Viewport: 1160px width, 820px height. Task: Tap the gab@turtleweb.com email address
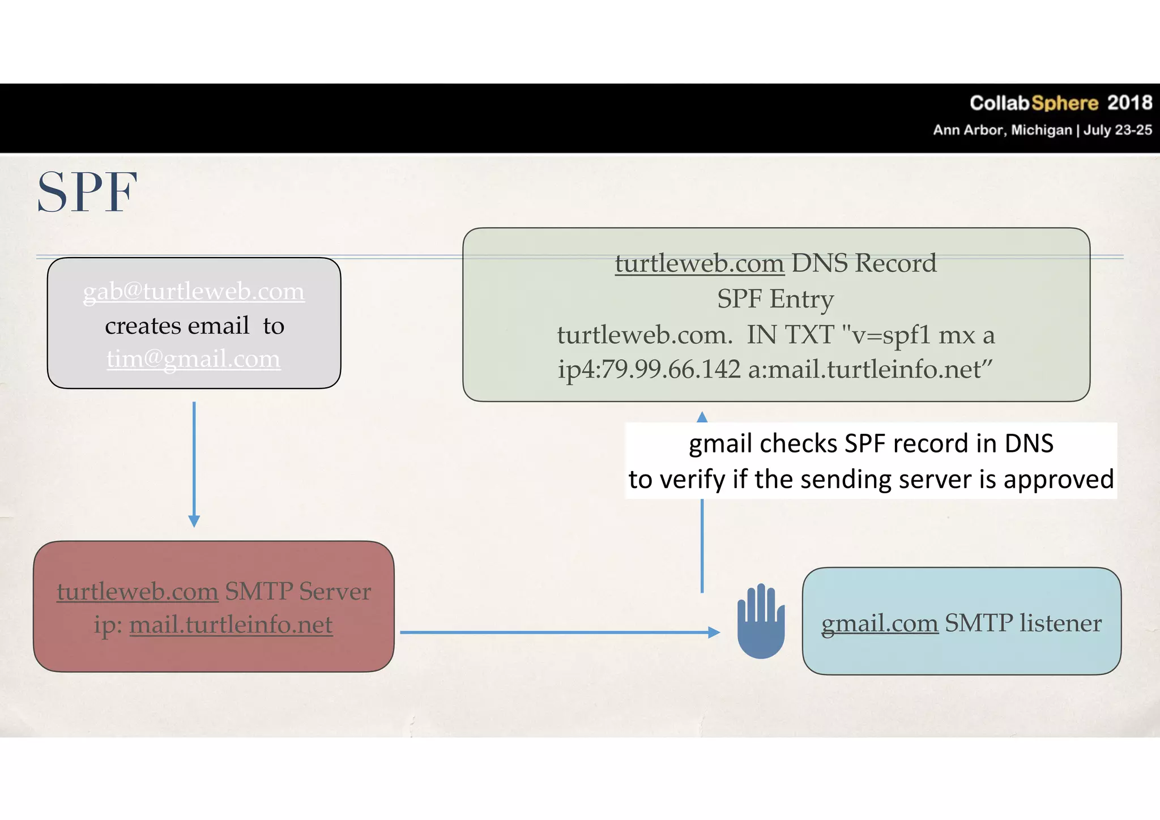[x=194, y=292]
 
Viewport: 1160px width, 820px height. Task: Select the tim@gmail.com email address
[x=193, y=359]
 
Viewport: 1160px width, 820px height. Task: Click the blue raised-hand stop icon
[x=761, y=622]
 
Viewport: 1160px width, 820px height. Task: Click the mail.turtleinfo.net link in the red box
[x=231, y=625]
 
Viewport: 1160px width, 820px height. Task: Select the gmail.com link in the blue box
[x=880, y=623]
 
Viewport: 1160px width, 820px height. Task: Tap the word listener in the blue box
[x=1060, y=623]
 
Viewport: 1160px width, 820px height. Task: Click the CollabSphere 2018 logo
[x=1060, y=103]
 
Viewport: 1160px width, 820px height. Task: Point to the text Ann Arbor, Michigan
[x=1002, y=130]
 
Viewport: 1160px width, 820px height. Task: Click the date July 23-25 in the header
[x=1118, y=130]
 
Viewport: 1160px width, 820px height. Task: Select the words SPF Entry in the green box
[x=775, y=299]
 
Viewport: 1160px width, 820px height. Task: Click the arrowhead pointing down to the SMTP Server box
[x=194, y=521]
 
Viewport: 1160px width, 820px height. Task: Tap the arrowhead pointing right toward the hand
[x=714, y=632]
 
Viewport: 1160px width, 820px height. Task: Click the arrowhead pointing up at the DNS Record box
[x=702, y=417]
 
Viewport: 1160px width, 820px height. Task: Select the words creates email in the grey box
[x=177, y=326]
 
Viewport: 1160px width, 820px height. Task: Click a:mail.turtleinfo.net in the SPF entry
[x=870, y=370]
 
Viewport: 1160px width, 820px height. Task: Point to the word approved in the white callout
[x=1058, y=480]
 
